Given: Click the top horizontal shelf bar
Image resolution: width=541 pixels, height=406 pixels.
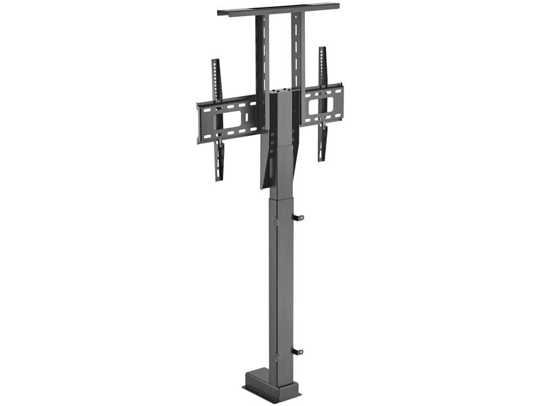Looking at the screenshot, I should tap(277, 9).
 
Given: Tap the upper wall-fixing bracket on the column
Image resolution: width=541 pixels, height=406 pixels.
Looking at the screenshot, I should tap(298, 217).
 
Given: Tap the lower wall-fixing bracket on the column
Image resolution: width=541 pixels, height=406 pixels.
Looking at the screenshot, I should tap(298, 351).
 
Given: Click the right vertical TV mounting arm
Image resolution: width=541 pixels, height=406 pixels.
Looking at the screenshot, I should tap(323, 101).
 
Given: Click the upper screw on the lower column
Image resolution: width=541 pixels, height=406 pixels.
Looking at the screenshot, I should tap(276, 222).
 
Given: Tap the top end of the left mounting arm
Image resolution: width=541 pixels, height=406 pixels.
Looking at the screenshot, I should tap(215, 63).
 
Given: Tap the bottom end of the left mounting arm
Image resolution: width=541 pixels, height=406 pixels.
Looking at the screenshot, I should tap(219, 177).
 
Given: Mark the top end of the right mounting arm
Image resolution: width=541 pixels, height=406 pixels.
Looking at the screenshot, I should tap(323, 50).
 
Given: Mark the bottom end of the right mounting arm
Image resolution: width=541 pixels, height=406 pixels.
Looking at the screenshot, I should tap(323, 157).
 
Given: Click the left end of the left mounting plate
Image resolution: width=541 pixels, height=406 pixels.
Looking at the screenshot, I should tap(200, 123).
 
